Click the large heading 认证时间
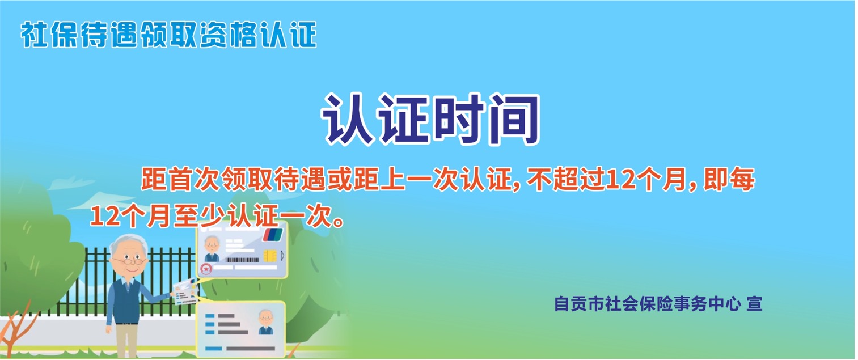(x=430, y=119)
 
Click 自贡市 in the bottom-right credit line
(x=578, y=304)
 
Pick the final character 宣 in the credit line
(x=754, y=304)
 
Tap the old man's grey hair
(x=128, y=244)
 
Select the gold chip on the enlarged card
(x=270, y=256)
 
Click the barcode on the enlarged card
(x=242, y=260)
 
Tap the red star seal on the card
(x=206, y=269)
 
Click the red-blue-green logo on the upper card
(x=272, y=235)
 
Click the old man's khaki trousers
(x=127, y=341)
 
